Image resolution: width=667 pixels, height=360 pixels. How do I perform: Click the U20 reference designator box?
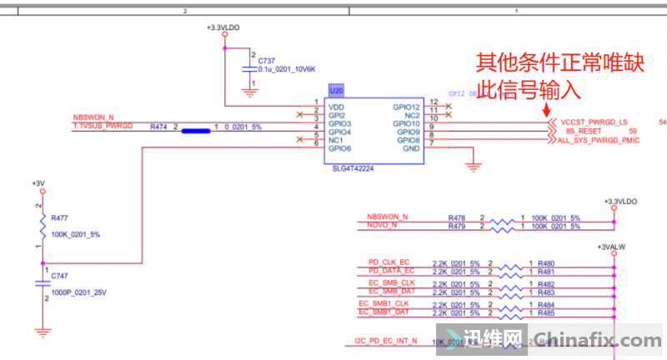pos(336,91)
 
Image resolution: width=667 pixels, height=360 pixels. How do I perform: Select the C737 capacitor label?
pos(267,61)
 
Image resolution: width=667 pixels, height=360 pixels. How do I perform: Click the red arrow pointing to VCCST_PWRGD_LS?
pos(547,109)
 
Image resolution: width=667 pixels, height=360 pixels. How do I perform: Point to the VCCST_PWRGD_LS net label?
pos(594,123)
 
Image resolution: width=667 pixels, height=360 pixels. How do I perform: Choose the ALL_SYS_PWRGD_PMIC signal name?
pos(599,141)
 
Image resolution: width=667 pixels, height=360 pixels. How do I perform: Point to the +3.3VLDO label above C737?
pos(223,27)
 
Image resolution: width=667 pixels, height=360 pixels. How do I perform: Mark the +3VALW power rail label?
pos(614,247)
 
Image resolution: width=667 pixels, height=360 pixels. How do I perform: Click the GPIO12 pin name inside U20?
pos(407,107)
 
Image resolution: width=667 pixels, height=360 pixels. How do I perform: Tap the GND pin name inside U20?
pos(411,148)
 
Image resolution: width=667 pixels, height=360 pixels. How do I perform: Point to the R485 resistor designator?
pos(546,313)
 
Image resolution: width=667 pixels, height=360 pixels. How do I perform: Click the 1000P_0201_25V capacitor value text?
pos(79,292)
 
